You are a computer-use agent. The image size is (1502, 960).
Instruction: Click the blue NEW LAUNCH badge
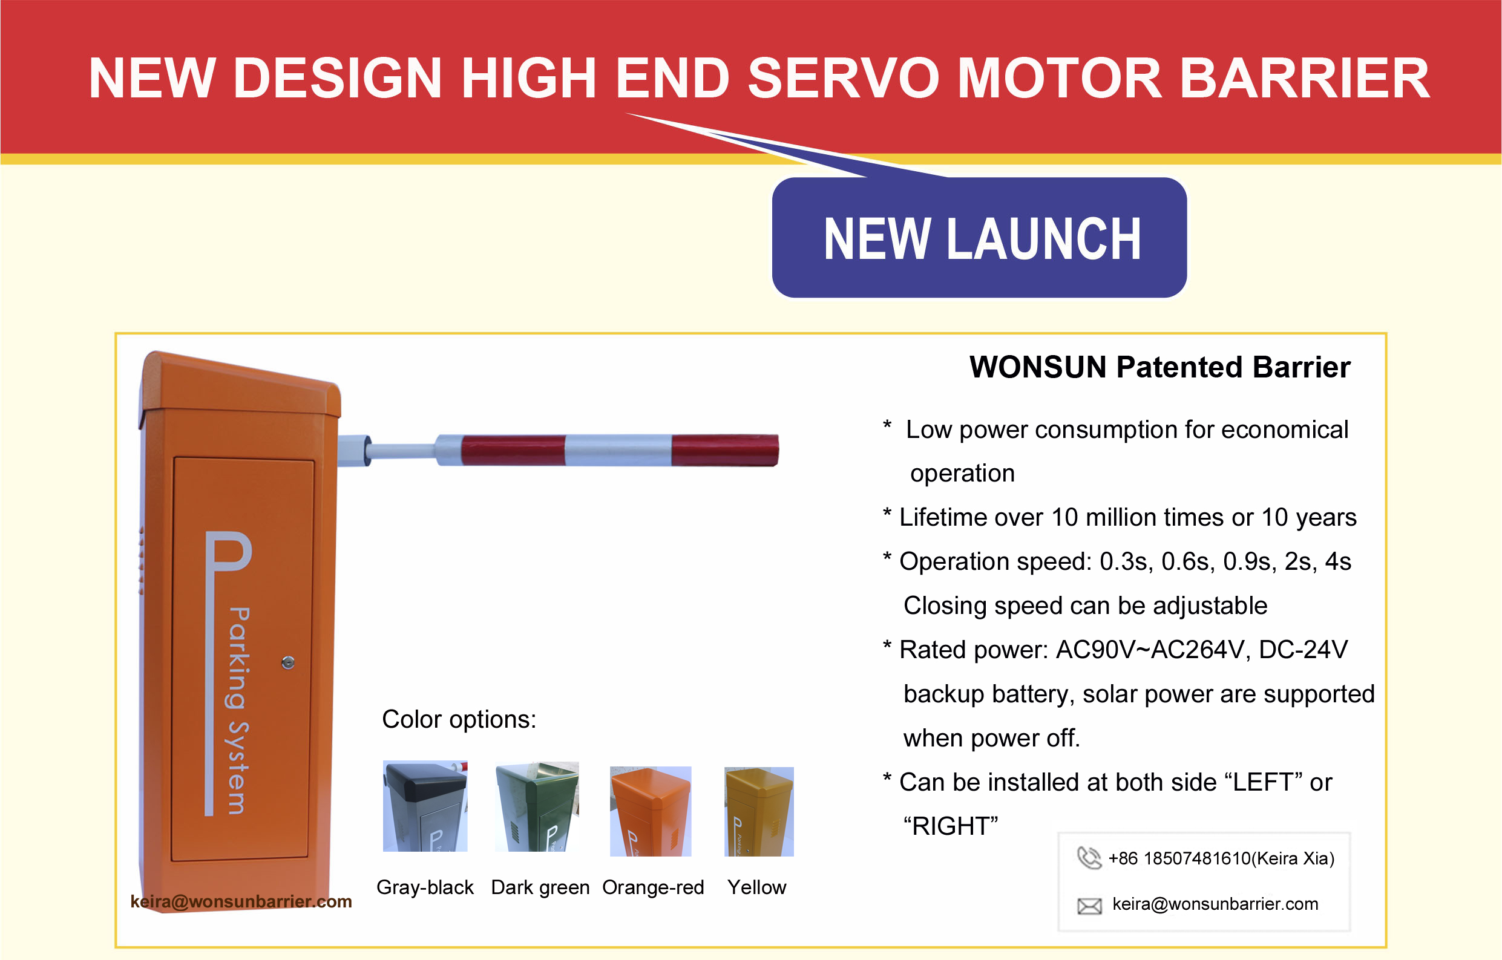(979, 238)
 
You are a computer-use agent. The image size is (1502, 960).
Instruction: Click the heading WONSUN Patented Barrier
(1159, 367)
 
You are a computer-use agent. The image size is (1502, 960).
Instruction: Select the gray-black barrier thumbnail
(425, 806)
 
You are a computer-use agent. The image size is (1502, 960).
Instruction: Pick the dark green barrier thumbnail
(537, 806)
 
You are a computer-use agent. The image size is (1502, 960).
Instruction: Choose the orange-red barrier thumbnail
(651, 811)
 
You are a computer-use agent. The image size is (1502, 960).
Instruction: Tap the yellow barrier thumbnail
(759, 812)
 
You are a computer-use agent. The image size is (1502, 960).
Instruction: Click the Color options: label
(459, 719)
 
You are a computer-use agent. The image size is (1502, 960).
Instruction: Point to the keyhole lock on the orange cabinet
(287, 662)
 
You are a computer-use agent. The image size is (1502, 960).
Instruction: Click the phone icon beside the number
(1089, 858)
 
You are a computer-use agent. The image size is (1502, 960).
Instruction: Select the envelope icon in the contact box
(1089, 906)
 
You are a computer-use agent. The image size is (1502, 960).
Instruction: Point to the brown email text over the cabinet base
(241, 901)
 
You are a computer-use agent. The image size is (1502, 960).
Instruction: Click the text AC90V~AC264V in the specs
(1150, 650)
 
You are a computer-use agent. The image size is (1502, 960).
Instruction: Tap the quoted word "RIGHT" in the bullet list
(951, 826)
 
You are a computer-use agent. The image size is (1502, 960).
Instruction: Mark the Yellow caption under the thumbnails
(756, 887)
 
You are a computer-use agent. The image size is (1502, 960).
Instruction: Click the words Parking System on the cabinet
(238, 711)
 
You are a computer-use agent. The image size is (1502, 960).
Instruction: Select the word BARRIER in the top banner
(1305, 78)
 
